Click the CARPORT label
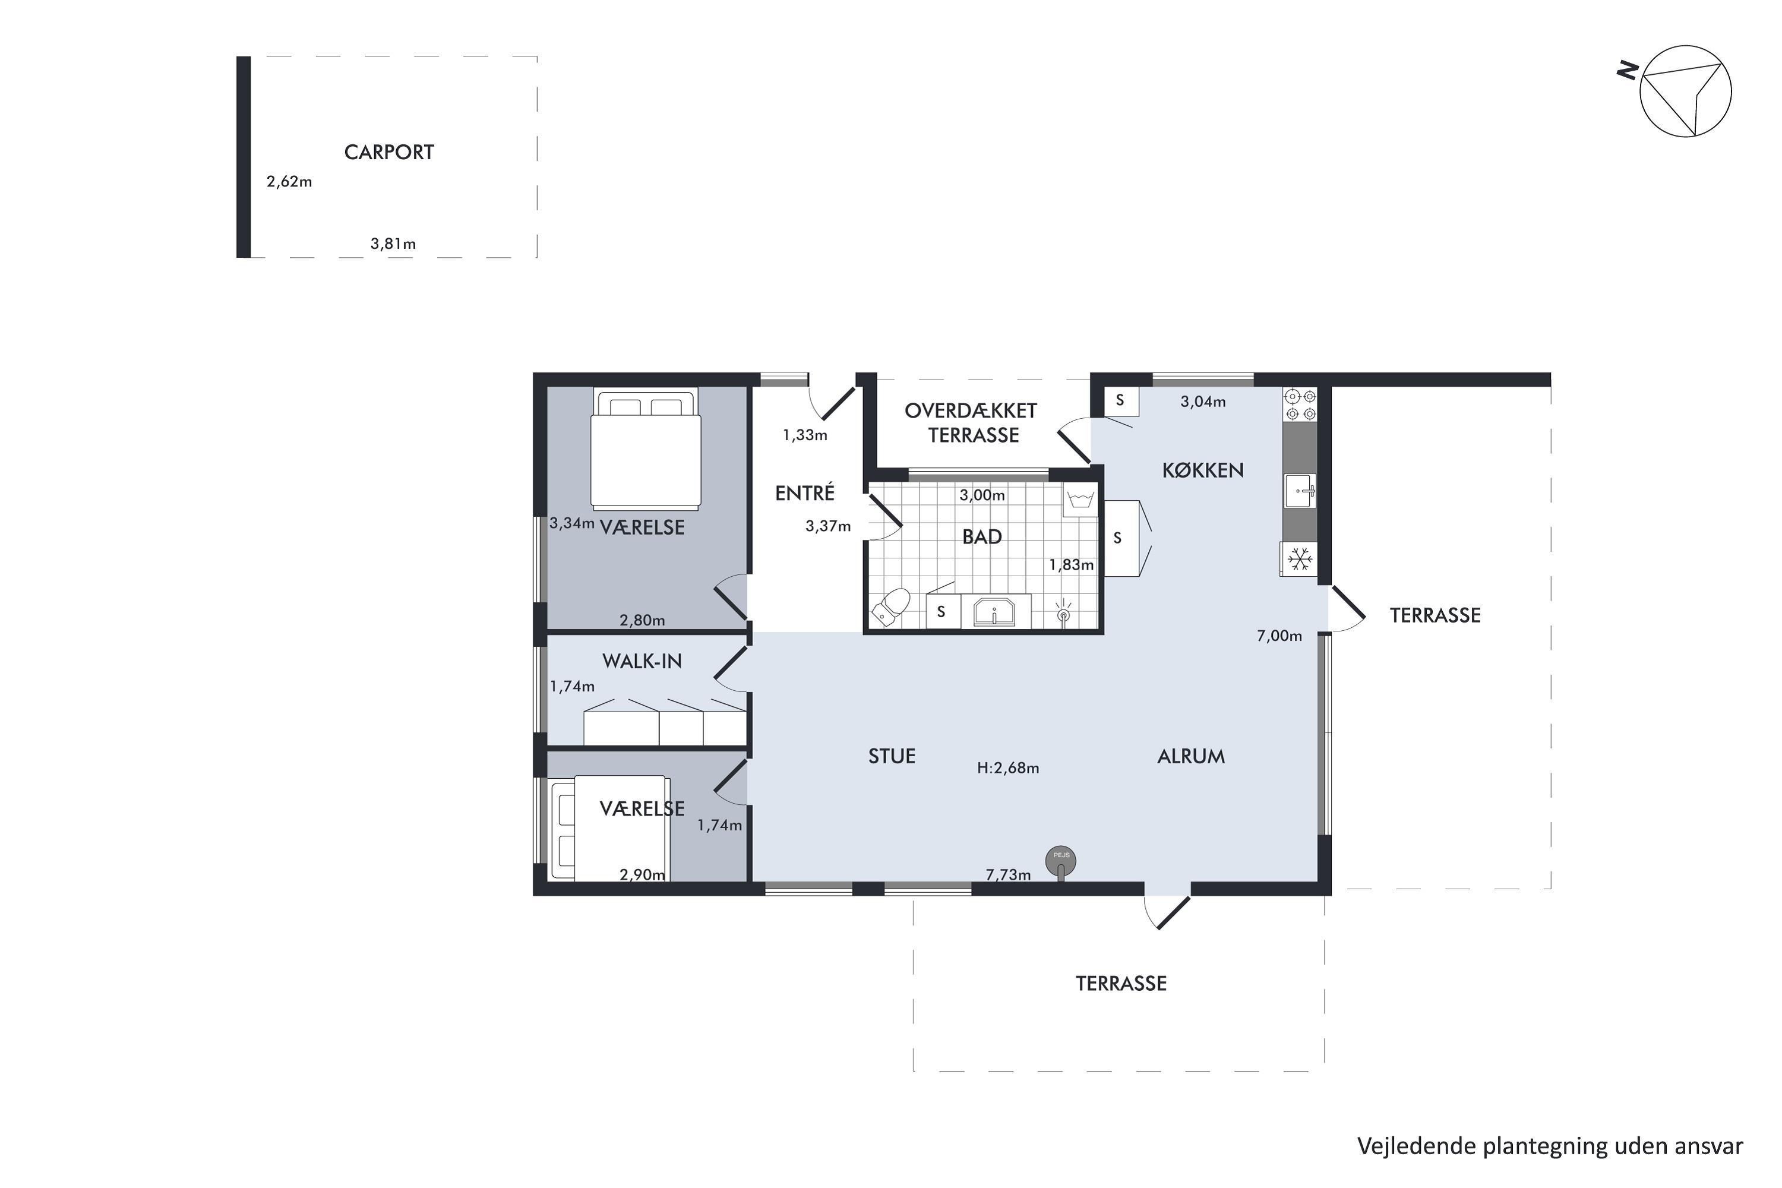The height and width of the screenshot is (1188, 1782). pyautogui.click(x=388, y=152)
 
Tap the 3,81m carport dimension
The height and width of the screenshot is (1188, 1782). pyautogui.click(x=393, y=244)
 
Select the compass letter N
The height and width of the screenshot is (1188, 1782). pyautogui.click(x=1627, y=71)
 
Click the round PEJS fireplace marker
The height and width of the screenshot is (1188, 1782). pyautogui.click(x=1061, y=861)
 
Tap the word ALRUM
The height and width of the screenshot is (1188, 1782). pyautogui.click(x=1191, y=756)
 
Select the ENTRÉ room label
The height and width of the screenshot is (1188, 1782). pyautogui.click(x=805, y=493)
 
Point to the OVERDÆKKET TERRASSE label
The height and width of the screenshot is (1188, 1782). pyautogui.click(x=971, y=423)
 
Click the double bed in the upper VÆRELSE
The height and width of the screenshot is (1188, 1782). pyautogui.click(x=646, y=448)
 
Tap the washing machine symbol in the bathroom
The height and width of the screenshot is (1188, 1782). pyautogui.click(x=1080, y=501)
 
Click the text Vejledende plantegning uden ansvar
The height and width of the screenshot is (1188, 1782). pyautogui.click(x=1550, y=1146)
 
